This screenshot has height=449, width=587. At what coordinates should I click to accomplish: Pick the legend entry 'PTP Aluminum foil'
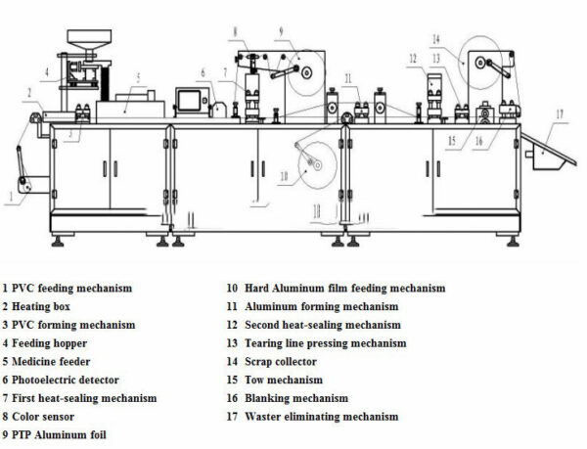(x=58, y=434)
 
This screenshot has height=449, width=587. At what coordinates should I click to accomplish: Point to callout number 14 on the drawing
(x=435, y=39)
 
